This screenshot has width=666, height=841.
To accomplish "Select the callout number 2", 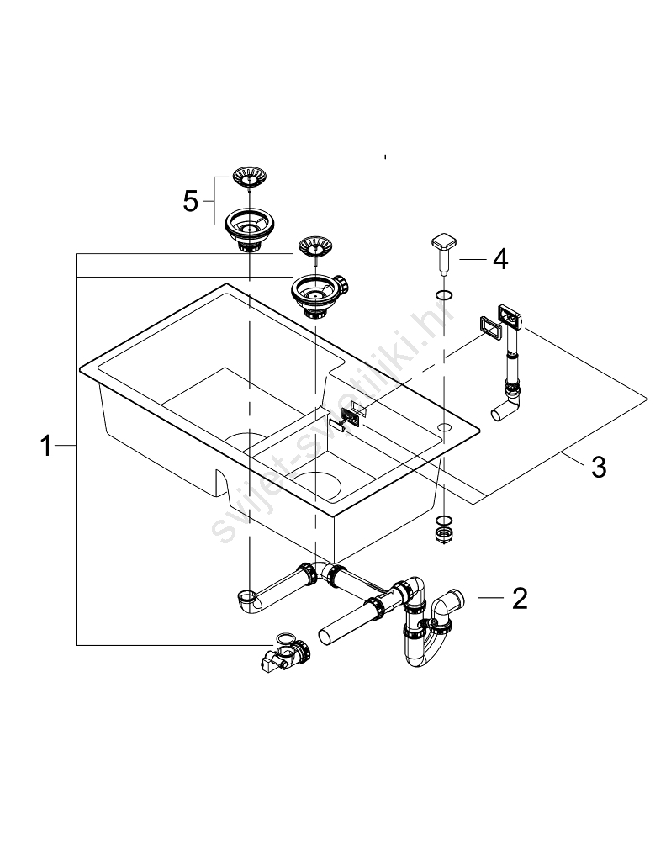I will click(x=520, y=599).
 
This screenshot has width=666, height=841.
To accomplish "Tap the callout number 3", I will click(x=598, y=467).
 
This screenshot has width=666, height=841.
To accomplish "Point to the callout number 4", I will click(x=499, y=260).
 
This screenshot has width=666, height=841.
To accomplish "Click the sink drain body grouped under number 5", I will click(x=250, y=228).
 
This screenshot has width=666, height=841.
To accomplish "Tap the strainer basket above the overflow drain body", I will click(x=312, y=246).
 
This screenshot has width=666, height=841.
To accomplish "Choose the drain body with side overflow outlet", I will click(x=314, y=294).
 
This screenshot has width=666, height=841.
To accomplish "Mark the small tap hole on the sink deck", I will click(x=442, y=429).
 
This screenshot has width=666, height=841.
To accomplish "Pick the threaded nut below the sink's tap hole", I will click(x=441, y=532).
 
